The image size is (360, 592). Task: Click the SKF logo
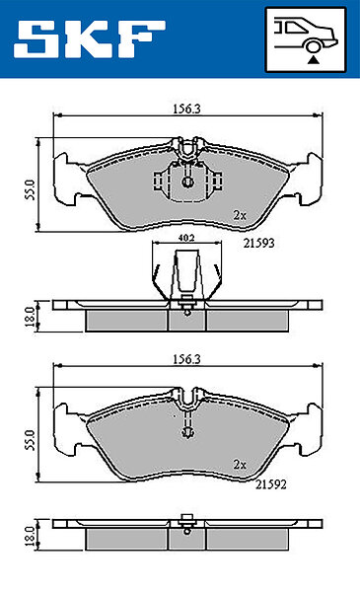pos(90,39)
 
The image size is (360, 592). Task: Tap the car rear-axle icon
pos(306,39)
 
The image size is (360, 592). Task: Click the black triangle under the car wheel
pos(313,59)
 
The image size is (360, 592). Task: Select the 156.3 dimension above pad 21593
pos(186,109)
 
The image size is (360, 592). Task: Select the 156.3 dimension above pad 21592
pos(186,359)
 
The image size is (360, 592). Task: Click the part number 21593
pos(258,243)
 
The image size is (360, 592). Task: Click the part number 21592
pos(271,484)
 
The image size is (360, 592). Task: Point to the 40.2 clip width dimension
pos(186,238)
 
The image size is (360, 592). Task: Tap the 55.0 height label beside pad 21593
pos(31,189)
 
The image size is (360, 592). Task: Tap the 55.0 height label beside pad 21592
pos(31,440)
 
